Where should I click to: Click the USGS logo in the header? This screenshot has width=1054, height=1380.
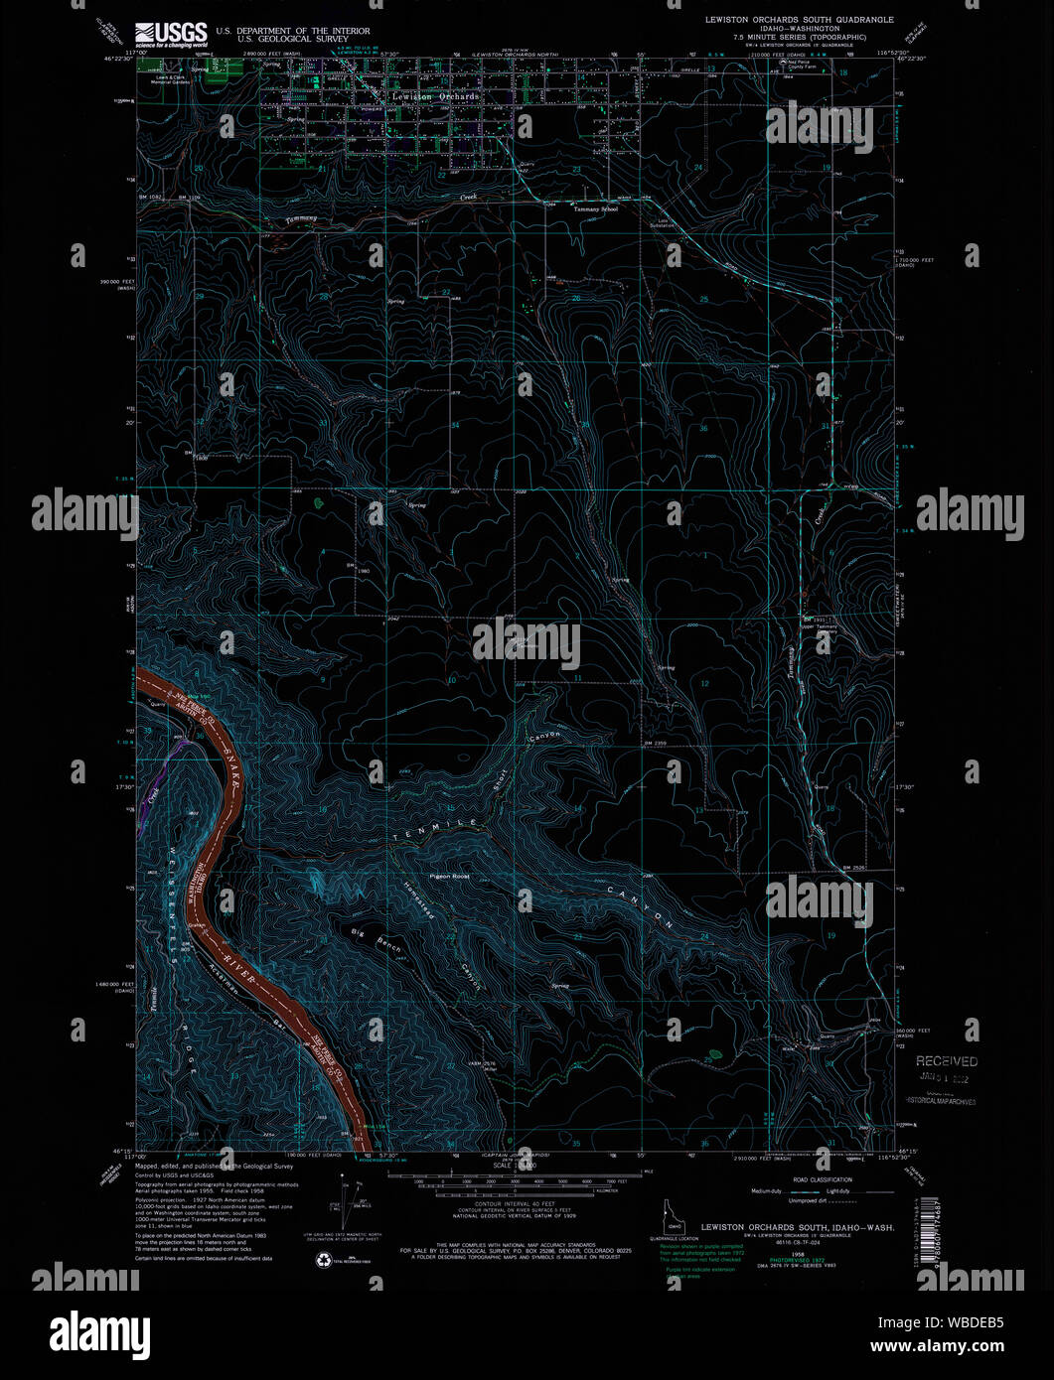(x=171, y=34)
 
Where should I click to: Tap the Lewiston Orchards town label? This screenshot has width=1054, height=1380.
(x=442, y=97)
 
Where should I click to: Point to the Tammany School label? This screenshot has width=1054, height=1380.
(x=594, y=209)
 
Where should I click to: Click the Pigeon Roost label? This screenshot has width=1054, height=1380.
(x=449, y=877)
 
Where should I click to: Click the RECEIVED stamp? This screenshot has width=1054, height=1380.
(x=946, y=1061)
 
